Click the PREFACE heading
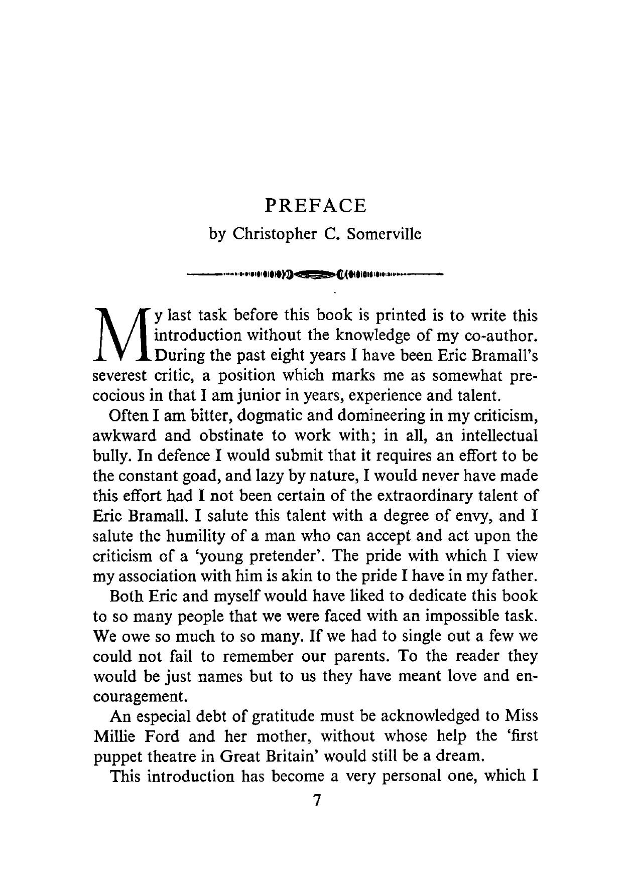[316, 206]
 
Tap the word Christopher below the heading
[274, 234]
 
